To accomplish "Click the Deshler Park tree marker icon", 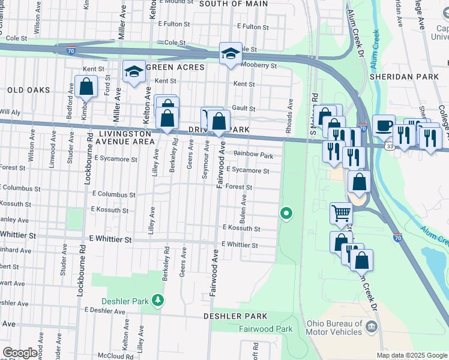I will [x=157, y=299].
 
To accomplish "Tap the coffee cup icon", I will [x=384, y=127].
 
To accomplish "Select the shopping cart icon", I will [x=341, y=212].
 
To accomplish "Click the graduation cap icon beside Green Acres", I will [x=133, y=72].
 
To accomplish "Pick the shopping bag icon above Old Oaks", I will [x=86, y=86].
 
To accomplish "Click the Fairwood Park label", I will [x=266, y=329].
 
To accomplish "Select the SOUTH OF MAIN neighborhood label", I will [x=233, y=4].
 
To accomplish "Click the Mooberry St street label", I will [x=259, y=65].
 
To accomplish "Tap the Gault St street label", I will [x=244, y=109].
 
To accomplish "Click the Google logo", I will [x=20, y=352].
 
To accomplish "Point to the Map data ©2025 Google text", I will [x=411, y=355].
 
